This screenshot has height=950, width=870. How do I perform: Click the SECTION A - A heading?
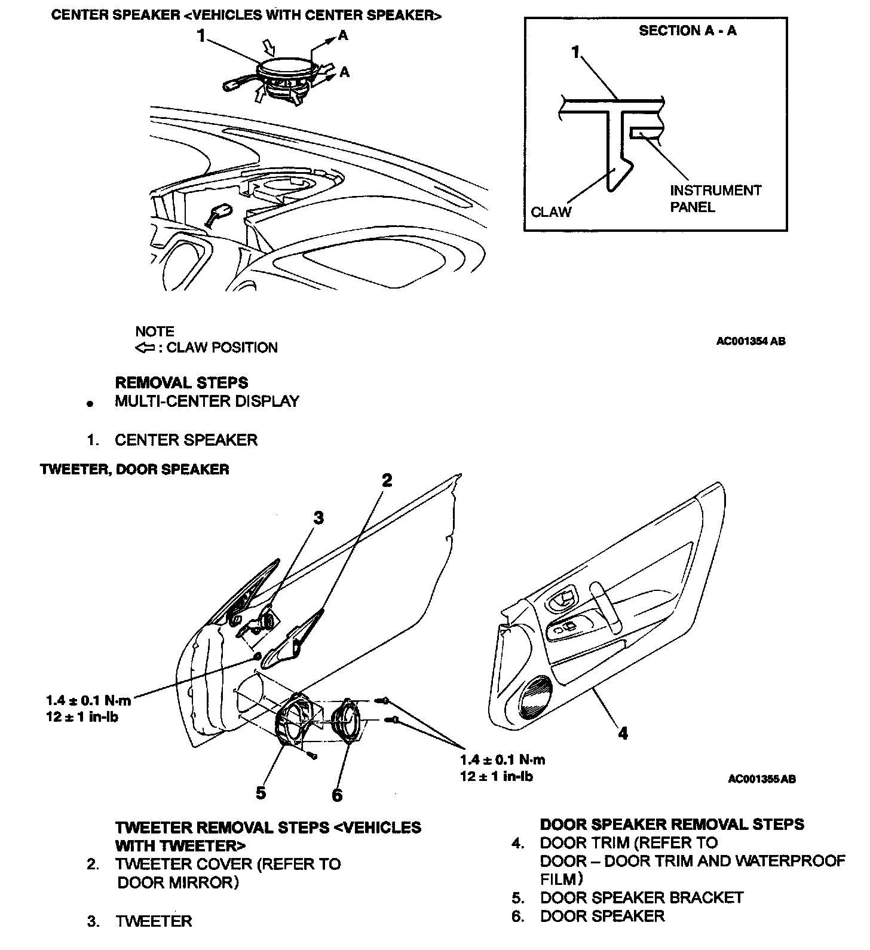tap(687, 30)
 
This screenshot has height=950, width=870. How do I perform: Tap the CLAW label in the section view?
tap(551, 212)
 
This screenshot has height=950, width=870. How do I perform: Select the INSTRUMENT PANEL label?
tap(715, 198)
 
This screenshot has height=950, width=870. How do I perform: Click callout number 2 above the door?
tap(387, 480)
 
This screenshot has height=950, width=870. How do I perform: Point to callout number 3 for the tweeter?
tap(318, 517)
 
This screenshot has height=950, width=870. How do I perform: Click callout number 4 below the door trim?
tap(623, 733)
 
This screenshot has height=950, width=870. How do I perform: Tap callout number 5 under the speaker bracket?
tap(261, 793)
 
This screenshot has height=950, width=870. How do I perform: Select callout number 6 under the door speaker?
tap(337, 795)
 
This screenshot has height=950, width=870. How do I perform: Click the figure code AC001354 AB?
tap(751, 341)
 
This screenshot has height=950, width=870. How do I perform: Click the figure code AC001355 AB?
tap(762, 779)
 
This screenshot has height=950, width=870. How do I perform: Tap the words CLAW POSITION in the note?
tap(222, 348)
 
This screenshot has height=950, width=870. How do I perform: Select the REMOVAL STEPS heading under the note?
tap(181, 382)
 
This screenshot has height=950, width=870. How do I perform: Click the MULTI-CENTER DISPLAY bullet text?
tap(207, 401)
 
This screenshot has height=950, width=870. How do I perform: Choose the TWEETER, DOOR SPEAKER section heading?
tap(134, 469)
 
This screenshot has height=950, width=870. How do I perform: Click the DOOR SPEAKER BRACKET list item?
tap(641, 897)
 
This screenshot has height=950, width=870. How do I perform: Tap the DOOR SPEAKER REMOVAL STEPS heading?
tap(672, 825)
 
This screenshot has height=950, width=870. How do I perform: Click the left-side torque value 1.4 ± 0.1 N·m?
tap(88, 700)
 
